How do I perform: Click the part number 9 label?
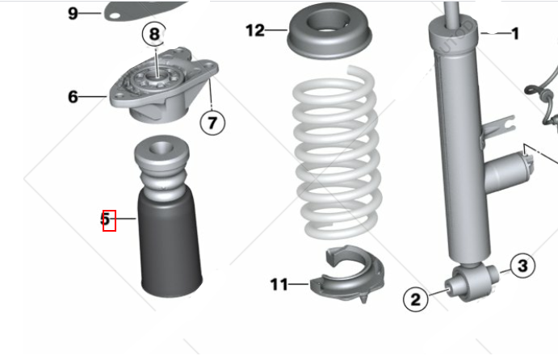point(73,13)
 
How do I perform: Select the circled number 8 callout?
point(154,34)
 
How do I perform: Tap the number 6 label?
point(73,97)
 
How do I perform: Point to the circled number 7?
point(212,123)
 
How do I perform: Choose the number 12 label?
point(255,30)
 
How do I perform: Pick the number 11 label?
point(279,284)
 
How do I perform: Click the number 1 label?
point(515,34)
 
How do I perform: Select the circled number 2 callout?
point(416,299)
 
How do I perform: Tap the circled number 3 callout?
point(522,266)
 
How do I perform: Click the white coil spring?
point(337,153)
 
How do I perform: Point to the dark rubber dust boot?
point(170,245)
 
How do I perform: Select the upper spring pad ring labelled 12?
point(329,32)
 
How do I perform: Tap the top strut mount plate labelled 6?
point(164,86)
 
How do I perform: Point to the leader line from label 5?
point(124,219)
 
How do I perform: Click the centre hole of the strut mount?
point(157,75)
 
